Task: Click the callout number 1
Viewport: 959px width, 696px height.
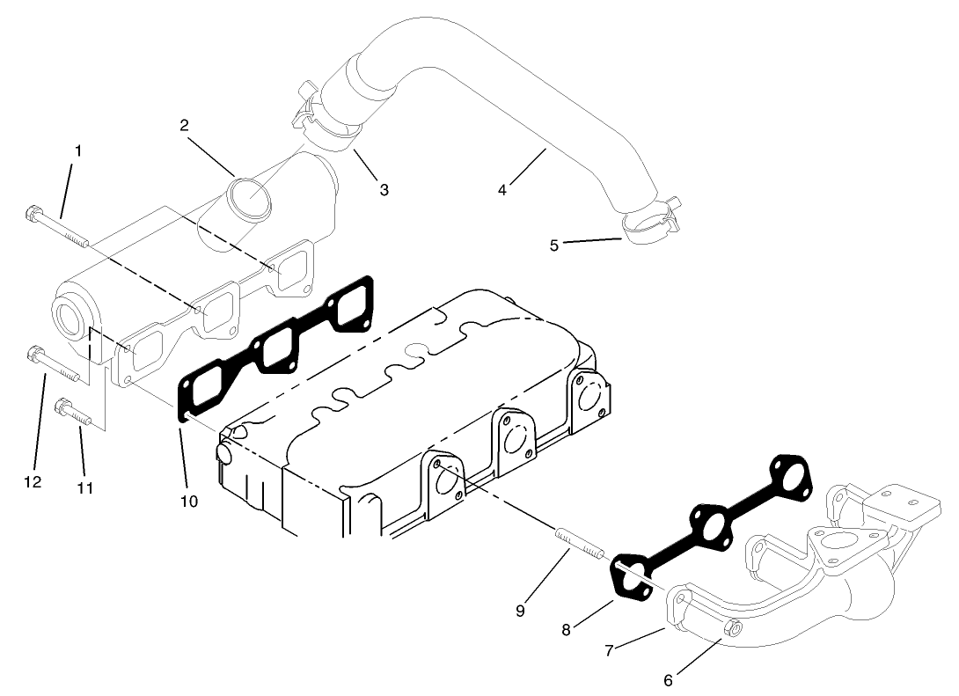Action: coord(78,151)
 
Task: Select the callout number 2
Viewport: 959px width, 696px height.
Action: coord(184,125)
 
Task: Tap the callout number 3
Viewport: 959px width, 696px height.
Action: coord(384,189)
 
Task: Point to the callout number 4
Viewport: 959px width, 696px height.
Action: coord(502,189)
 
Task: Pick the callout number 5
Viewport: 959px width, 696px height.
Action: coord(554,245)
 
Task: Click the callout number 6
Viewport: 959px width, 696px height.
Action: coord(668,679)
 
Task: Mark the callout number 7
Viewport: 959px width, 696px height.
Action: coord(608,650)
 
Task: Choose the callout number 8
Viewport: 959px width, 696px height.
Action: coord(567,629)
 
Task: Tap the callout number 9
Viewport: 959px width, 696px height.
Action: coord(520,611)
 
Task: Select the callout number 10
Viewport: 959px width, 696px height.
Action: coord(189,501)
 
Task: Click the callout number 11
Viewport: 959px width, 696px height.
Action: coord(84,488)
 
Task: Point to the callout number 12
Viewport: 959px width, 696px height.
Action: coord(33,482)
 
